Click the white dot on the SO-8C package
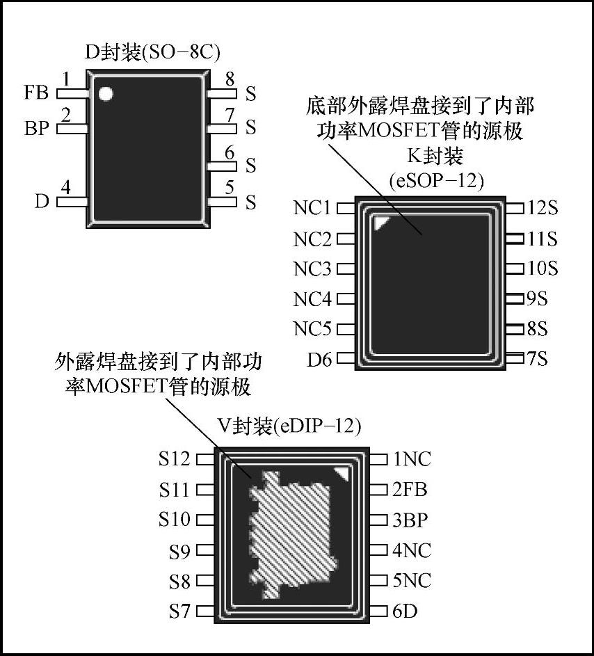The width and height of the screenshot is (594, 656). [x=106, y=94]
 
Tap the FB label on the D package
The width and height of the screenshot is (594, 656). [x=36, y=93]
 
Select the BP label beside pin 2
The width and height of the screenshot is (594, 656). [x=36, y=129]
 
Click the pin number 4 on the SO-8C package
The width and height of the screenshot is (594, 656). [x=66, y=187]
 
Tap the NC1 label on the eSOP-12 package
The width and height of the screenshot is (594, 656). [x=312, y=208]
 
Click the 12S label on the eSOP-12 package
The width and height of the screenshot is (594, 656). [x=543, y=208]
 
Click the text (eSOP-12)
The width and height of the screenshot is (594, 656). [x=436, y=181]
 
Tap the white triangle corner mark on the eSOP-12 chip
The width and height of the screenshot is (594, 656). [x=381, y=223]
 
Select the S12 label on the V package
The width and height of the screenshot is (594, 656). [x=174, y=459]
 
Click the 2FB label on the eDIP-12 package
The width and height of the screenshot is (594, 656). [x=410, y=489]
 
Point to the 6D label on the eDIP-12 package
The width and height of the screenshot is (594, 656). [x=405, y=611]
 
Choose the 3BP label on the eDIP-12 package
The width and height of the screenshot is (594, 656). [x=410, y=520]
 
